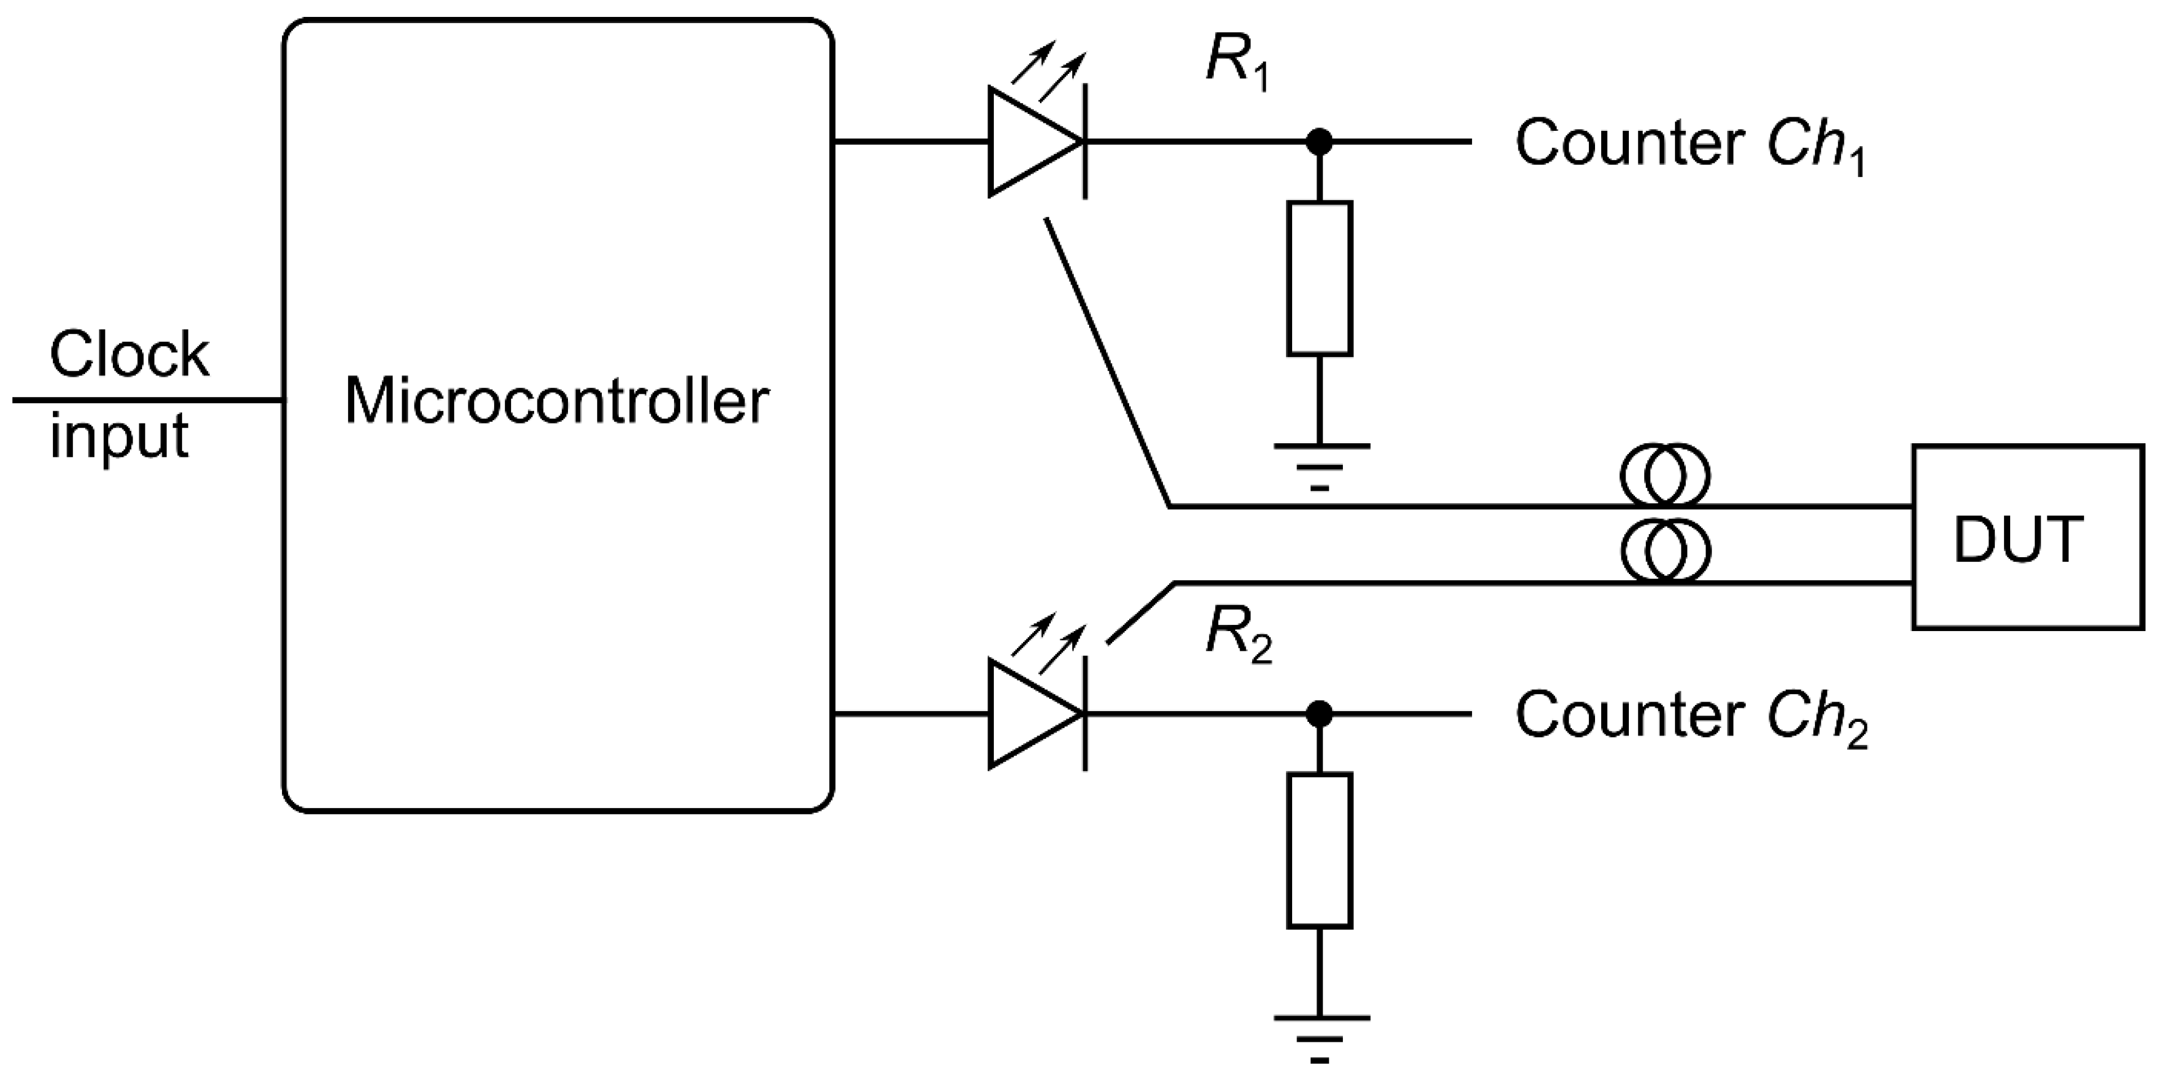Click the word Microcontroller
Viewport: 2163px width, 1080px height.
pyautogui.click(x=557, y=402)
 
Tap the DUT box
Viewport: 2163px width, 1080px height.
pyautogui.click(x=2027, y=537)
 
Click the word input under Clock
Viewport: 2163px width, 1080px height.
pyautogui.click(x=119, y=437)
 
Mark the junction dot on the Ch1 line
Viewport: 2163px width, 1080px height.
pyautogui.click(x=1319, y=142)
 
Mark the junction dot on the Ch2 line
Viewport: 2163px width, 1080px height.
pyautogui.click(x=1319, y=715)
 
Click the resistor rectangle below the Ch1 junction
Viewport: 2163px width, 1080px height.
pyautogui.click(x=1319, y=278)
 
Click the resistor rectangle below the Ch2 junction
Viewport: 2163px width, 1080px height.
pyautogui.click(x=1319, y=850)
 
